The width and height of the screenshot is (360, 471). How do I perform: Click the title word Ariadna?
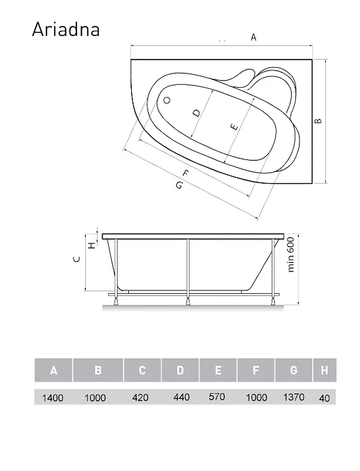pos(66,29)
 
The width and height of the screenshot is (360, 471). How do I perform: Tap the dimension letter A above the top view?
pos(254,37)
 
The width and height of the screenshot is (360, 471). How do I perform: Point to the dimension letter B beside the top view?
pos(318,121)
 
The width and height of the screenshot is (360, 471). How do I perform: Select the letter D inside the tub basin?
pos(196,113)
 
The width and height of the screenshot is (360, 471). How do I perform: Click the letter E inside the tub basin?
pos(235,127)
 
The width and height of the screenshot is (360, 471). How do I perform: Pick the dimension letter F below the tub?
pos(186,174)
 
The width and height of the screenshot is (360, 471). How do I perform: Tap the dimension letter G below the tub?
pos(179,185)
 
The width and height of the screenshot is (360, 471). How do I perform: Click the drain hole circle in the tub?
pos(167,100)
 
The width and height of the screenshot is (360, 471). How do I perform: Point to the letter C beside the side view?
pos(77,259)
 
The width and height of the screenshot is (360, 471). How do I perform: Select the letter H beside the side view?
pos(92,245)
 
